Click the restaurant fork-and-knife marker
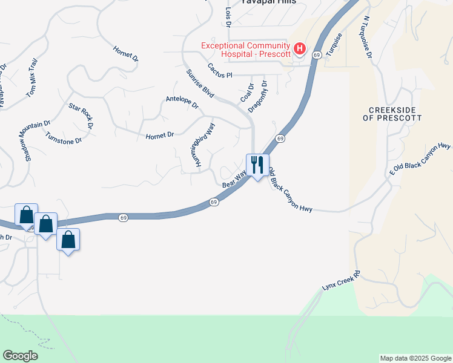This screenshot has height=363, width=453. tap(257, 164)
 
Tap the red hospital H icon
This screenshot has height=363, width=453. tap(299, 48)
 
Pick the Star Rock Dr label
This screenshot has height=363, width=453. tap(81, 116)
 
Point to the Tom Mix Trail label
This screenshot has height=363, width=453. tap(32, 78)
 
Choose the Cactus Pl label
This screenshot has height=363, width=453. tap(220, 71)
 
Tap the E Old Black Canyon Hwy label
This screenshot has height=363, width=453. tap(420, 159)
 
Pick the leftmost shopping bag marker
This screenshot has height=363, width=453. tap(27, 215)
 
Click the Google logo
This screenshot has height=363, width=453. tap(20, 356)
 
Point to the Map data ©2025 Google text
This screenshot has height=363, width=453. tap(415, 358)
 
